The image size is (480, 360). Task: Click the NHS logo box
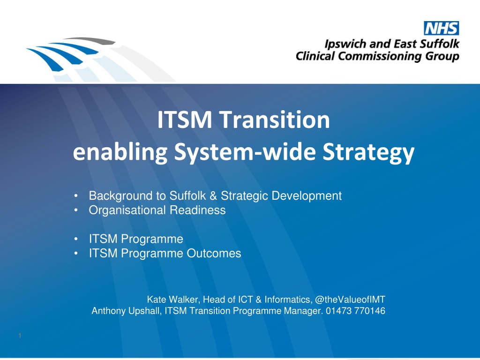point(441,28)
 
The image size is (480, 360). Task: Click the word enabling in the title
point(120,152)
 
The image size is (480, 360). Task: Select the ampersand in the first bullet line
point(213,195)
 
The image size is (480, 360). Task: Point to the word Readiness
point(197,210)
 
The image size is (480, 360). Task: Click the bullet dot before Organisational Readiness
point(76,210)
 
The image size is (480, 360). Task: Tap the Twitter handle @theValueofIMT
point(350,300)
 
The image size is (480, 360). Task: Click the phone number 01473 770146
point(355,311)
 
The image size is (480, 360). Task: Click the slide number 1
point(20,336)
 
